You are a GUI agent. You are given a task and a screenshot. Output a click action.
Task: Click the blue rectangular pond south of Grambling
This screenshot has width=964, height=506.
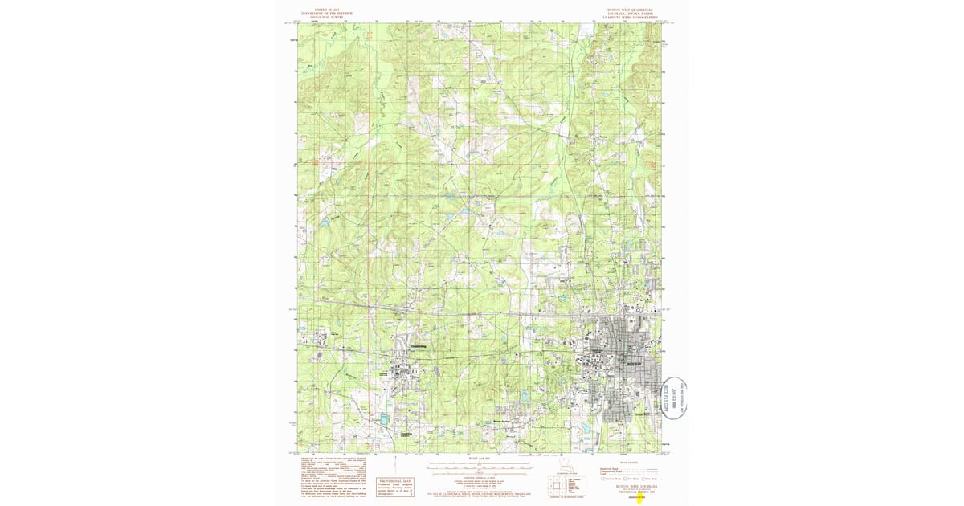[x=383, y=419]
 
